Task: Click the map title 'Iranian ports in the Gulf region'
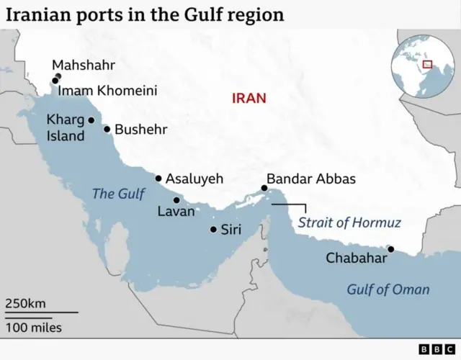pos(145,14)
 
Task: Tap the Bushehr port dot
pos(107,130)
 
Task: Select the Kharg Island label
pos(66,127)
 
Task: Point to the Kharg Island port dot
pos(91,120)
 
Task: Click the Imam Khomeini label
pos(107,91)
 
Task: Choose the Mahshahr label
pos(84,66)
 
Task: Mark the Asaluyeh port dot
pos(158,179)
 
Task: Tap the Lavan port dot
pos(176,200)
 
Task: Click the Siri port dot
pos(213,230)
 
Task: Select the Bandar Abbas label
pos(310,179)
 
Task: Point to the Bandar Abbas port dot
pos(264,189)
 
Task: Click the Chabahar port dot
pos(391,249)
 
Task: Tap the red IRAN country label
pos(249,98)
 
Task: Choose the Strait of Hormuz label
pos(349,222)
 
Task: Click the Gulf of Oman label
pos(388,289)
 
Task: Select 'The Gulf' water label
pos(119,194)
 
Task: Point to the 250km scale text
pos(26,303)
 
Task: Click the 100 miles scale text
pos(34,328)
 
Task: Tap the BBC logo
pos(434,349)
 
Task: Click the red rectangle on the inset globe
pos(427,64)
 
